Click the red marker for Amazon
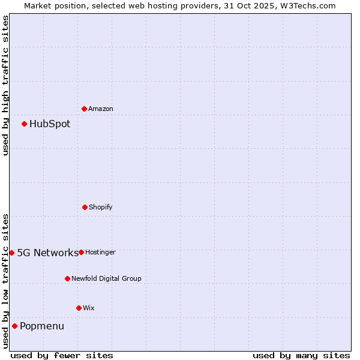(x=84, y=109)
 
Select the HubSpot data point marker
(x=24, y=124)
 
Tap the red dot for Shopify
(x=85, y=207)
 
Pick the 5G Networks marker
(x=11, y=253)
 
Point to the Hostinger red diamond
(x=81, y=252)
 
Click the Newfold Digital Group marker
(x=67, y=278)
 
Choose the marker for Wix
(x=79, y=308)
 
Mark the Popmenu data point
(x=14, y=326)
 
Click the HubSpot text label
(x=50, y=124)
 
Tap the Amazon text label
(x=101, y=109)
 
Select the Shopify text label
(x=101, y=208)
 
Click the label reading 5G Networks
(x=47, y=253)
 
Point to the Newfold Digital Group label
(x=107, y=279)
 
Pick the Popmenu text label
(x=42, y=326)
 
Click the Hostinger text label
(x=100, y=253)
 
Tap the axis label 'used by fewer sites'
(x=62, y=355)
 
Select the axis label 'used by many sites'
(x=301, y=355)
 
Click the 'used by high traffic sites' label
(x=5, y=85)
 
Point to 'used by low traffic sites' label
(x=5, y=281)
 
